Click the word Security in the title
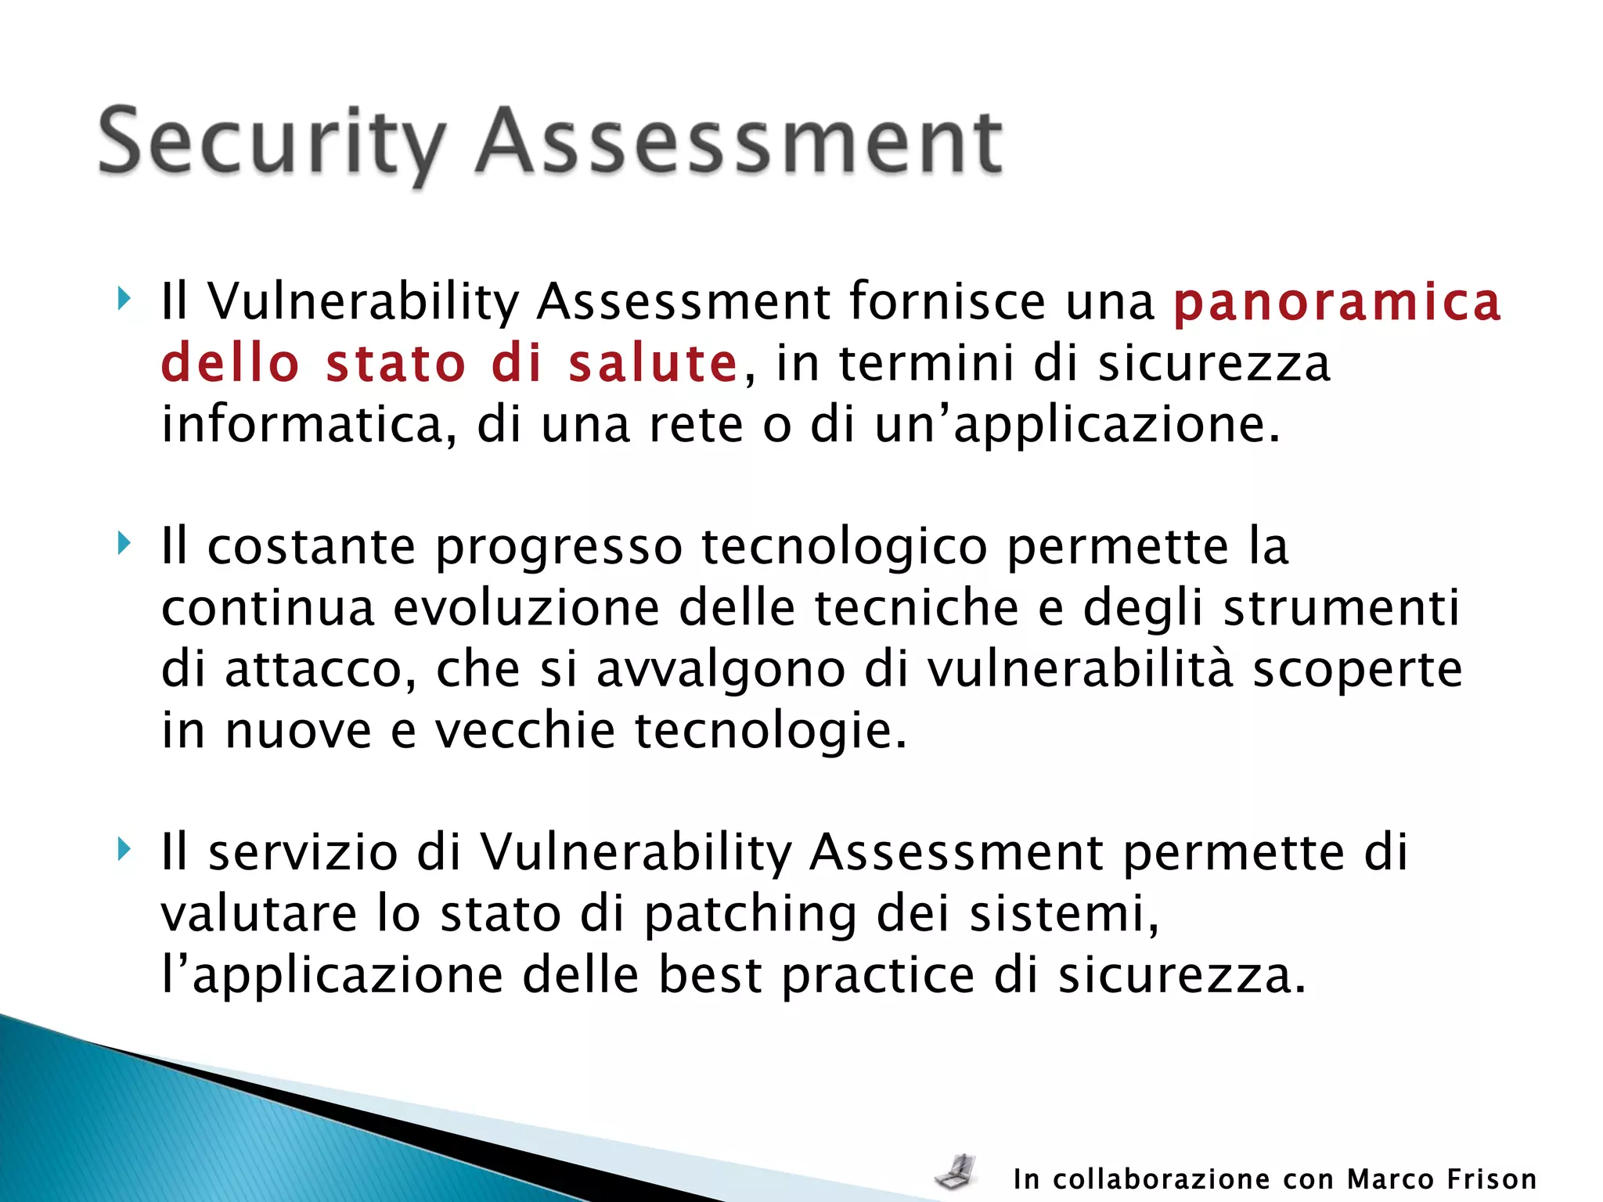point(271,143)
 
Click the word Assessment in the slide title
point(739,143)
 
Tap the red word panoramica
point(1337,303)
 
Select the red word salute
point(653,364)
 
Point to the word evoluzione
point(526,608)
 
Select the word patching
point(750,914)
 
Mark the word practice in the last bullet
point(878,976)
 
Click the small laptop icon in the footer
point(956,1171)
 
